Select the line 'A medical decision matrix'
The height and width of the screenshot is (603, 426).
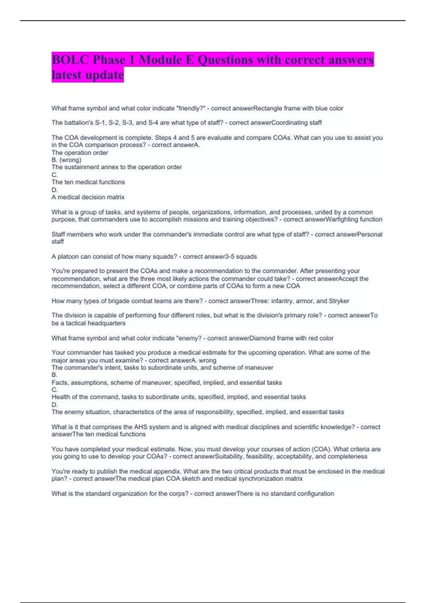88,197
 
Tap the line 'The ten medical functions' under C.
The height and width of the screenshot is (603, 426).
88,182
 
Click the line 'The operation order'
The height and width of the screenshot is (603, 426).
80,153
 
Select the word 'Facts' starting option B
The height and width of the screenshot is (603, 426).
59,383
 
